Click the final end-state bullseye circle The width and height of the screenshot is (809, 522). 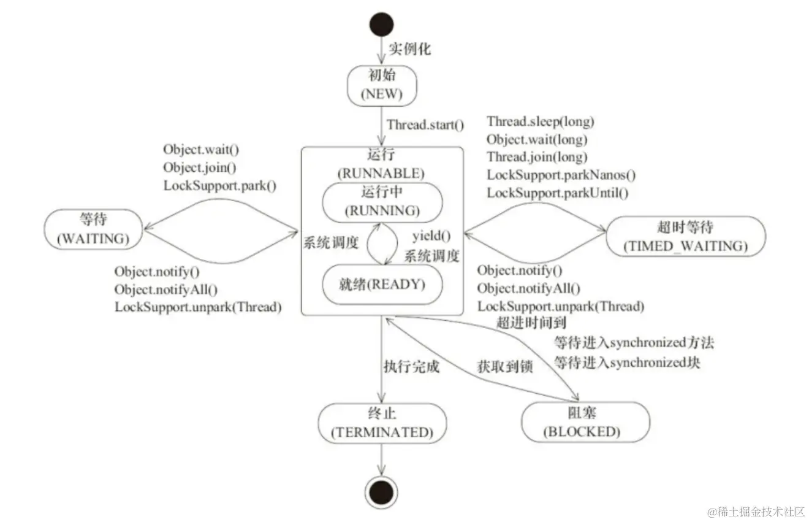pyautogui.click(x=381, y=491)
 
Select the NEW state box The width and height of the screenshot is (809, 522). pyautogui.click(x=381, y=85)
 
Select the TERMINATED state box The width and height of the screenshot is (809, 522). pyautogui.click(x=382, y=423)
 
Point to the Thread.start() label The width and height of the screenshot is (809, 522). pyautogui.click(x=425, y=125)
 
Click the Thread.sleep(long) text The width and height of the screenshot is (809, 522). pyautogui.click(x=541, y=121)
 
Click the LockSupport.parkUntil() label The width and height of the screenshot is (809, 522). pyautogui.click(x=558, y=192)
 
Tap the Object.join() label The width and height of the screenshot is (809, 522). pyautogui.click(x=200, y=167)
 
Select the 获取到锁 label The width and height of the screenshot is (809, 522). pyautogui.click(x=504, y=367)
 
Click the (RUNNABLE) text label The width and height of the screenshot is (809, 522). pyautogui.click(x=381, y=173)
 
